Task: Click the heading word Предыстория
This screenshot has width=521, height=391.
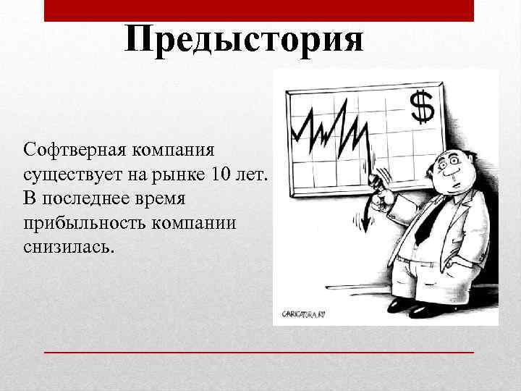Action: pyautogui.click(x=243, y=39)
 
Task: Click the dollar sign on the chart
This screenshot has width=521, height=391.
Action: pyautogui.click(x=422, y=106)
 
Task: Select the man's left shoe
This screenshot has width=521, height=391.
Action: pyautogui.click(x=400, y=304)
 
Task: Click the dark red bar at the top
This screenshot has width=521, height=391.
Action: pyautogui.click(x=259, y=10)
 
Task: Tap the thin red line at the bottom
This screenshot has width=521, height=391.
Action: pyautogui.click(x=259, y=351)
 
